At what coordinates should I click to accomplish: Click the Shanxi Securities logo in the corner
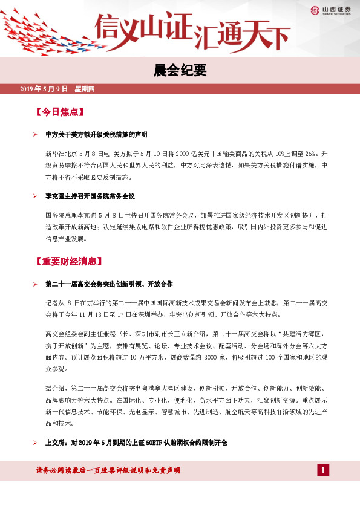[329, 9]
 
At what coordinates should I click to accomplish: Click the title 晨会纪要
[180, 70]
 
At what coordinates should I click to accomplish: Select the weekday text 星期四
[85, 89]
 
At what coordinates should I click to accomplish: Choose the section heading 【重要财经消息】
[69, 262]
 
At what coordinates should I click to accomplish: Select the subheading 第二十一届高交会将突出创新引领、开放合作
[110, 284]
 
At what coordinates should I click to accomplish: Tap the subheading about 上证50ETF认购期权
[136, 443]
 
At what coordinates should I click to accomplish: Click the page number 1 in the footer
[324, 470]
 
